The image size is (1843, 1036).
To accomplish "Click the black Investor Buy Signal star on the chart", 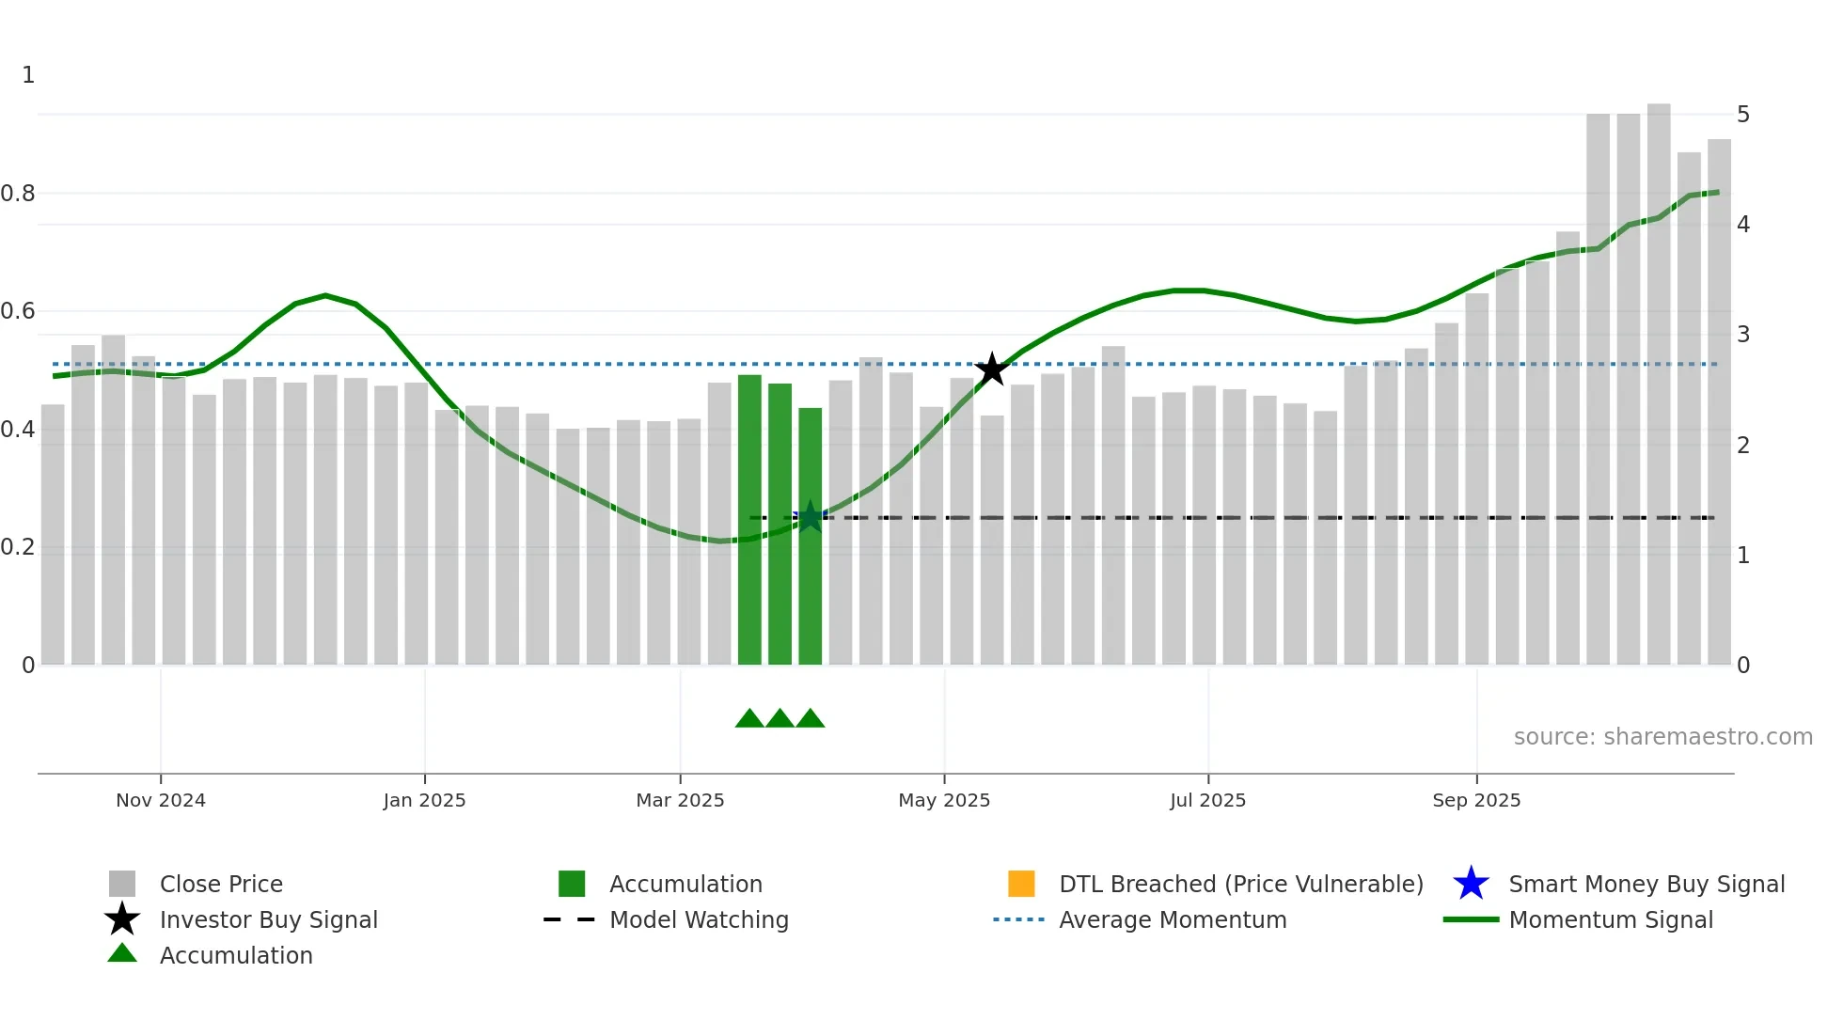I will click(x=991, y=369).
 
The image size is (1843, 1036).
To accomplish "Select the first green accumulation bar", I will click(x=749, y=519).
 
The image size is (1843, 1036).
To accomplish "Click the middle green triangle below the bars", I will click(x=780, y=719).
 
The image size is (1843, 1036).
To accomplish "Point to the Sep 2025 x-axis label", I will click(x=1476, y=800).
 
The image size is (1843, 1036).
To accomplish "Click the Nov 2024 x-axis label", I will click(x=161, y=800).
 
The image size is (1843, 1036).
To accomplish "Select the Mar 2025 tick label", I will click(x=680, y=800).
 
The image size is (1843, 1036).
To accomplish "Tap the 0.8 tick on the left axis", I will click(x=18, y=194).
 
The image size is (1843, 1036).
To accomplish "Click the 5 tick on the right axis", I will click(x=1743, y=115).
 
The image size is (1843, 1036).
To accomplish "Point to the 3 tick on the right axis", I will click(x=1743, y=335).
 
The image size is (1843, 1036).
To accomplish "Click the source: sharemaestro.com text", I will click(x=1662, y=737).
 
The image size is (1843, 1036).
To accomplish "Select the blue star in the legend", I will click(x=1471, y=884).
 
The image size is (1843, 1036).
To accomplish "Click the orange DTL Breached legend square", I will click(x=1021, y=884).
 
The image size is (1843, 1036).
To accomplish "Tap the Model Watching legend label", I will click(x=699, y=919).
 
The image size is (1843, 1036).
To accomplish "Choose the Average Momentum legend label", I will click(x=1173, y=919).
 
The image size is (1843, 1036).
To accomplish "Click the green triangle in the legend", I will click(x=122, y=953).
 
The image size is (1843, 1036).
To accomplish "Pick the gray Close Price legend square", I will click(x=122, y=884).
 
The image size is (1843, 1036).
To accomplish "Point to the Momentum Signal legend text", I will click(x=1611, y=919).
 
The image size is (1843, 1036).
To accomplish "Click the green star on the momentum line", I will click(x=810, y=516).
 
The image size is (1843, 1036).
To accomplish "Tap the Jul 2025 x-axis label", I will click(x=1207, y=800).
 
